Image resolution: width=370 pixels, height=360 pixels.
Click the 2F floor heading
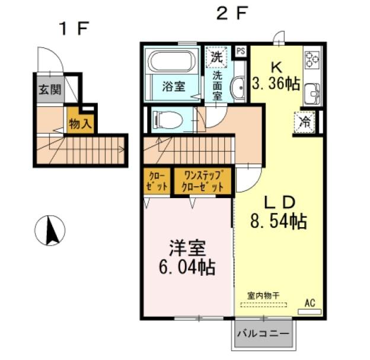click(x=231, y=14)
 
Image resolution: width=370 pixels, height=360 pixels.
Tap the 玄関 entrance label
click(x=50, y=90)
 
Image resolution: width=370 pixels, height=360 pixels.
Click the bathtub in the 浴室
click(x=171, y=62)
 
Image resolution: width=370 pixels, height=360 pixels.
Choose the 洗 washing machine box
click(x=218, y=58)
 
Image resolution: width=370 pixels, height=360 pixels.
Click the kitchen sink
click(x=312, y=93)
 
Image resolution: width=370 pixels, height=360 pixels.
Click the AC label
click(x=310, y=302)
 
